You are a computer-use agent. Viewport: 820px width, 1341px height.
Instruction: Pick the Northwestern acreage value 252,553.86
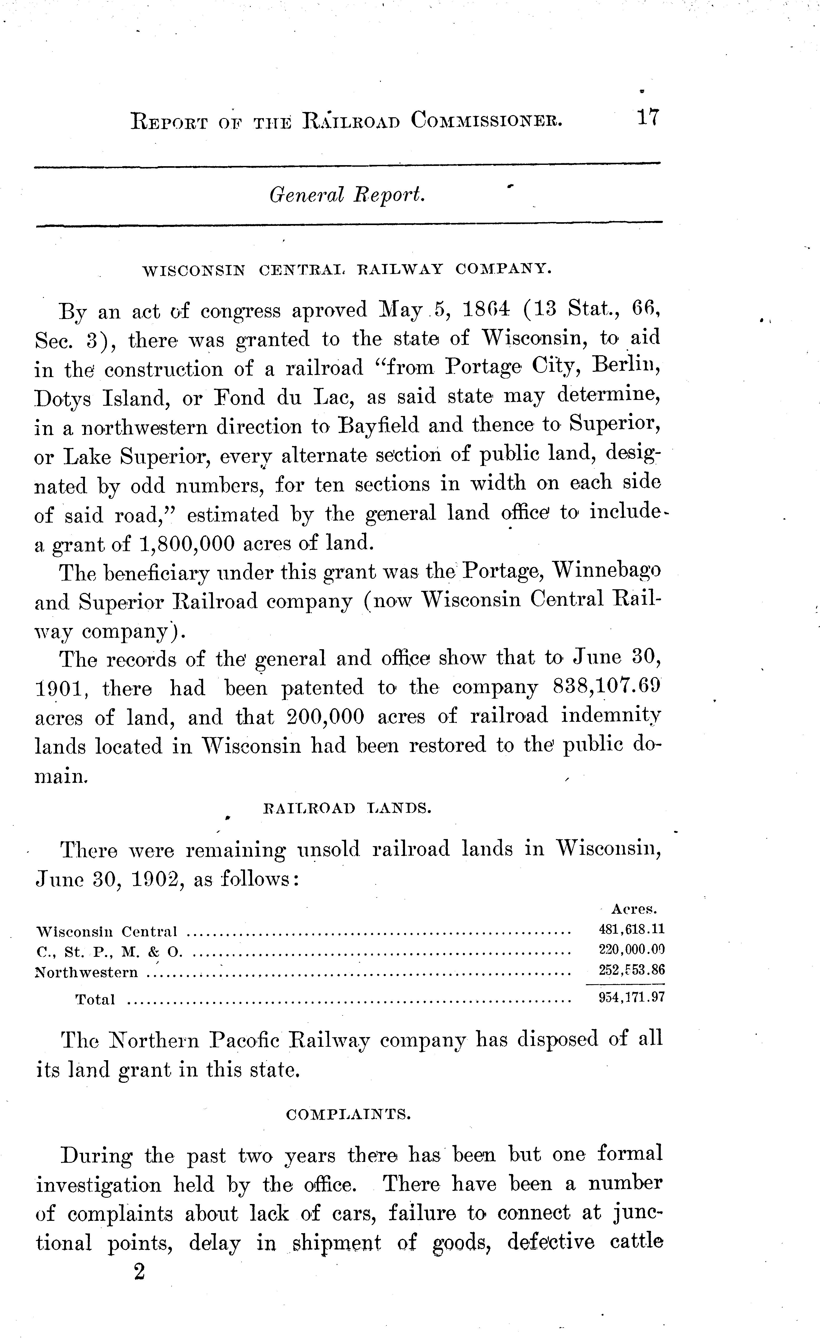[631, 970]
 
